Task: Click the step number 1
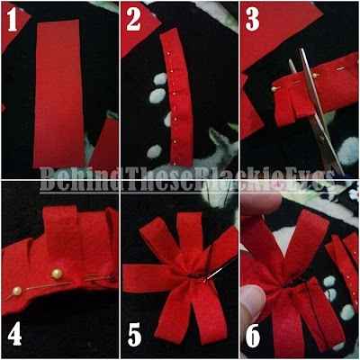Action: (x=12, y=21)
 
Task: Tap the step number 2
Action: (x=133, y=21)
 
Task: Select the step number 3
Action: (x=252, y=21)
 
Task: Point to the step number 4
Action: (x=14, y=334)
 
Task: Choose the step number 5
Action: (x=135, y=334)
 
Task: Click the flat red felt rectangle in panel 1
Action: (x=58, y=93)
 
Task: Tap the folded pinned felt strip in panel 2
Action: (x=177, y=97)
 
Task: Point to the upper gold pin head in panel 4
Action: (x=57, y=274)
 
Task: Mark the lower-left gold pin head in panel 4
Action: (x=17, y=291)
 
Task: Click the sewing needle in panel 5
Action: (x=213, y=272)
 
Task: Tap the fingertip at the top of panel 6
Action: (x=260, y=202)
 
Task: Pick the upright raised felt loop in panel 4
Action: (x=61, y=228)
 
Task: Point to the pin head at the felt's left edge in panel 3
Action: (x=274, y=89)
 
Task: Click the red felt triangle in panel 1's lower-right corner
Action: (x=105, y=144)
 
